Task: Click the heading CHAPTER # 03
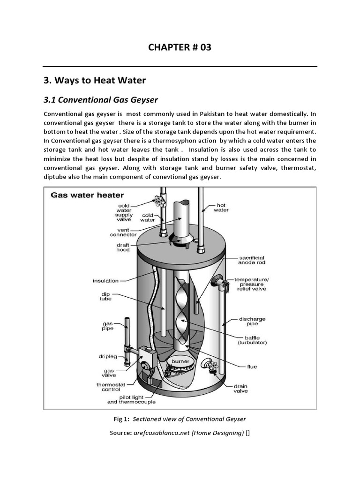tap(180, 47)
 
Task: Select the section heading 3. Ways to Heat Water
tap(94, 81)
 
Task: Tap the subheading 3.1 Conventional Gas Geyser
tap(100, 100)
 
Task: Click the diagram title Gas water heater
tap(87, 195)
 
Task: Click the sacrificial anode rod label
tap(252, 260)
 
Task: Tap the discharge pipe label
tap(252, 322)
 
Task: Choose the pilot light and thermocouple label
tap(131, 399)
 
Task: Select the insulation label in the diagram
tap(105, 281)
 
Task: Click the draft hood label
tap(123, 247)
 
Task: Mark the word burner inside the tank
tap(180, 361)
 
